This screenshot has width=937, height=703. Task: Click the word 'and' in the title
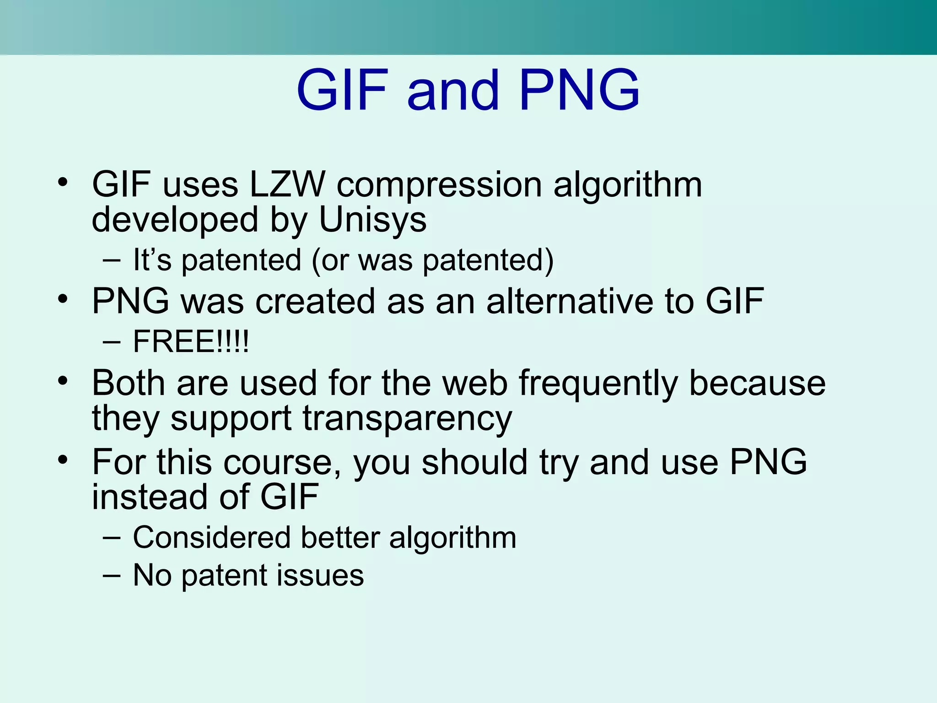point(452,90)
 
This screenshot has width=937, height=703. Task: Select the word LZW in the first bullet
point(287,184)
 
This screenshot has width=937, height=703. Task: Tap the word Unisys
point(372,220)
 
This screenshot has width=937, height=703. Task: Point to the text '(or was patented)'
point(432,260)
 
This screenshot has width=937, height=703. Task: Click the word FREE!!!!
point(191,341)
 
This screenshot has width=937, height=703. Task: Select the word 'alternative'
point(569,301)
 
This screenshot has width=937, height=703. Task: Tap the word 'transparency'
point(407,419)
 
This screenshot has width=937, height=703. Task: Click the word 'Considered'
point(211,537)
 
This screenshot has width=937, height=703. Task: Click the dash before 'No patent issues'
point(112,575)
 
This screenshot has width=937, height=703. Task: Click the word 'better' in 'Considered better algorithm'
point(340,537)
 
